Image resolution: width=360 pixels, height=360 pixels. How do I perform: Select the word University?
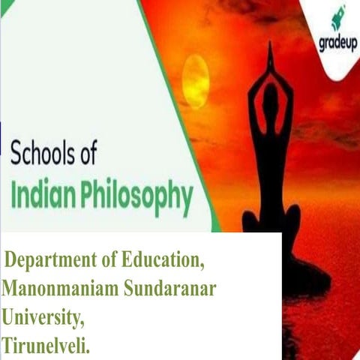(x=43, y=319)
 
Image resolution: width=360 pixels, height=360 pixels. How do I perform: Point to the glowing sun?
(x=195, y=80)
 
